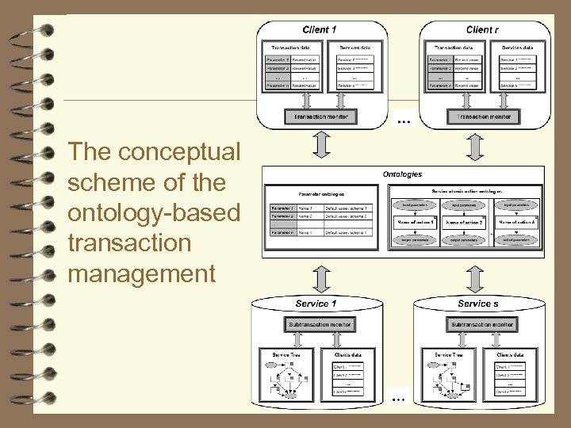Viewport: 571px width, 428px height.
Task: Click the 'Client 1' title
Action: [x=320, y=29]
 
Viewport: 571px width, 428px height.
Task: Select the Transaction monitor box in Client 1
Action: [x=320, y=117]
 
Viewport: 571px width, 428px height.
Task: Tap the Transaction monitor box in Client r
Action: [x=481, y=117]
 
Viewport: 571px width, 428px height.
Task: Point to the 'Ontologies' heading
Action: [x=402, y=174]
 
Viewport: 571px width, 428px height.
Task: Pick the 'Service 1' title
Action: [x=316, y=304]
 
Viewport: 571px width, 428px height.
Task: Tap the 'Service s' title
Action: [x=478, y=304]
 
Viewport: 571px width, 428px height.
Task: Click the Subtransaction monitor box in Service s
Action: [x=481, y=324]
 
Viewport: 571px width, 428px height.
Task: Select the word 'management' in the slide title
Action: [x=141, y=274]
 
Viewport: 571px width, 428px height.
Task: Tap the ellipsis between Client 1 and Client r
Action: [x=404, y=122]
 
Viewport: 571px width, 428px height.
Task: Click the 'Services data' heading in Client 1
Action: [x=353, y=48]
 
